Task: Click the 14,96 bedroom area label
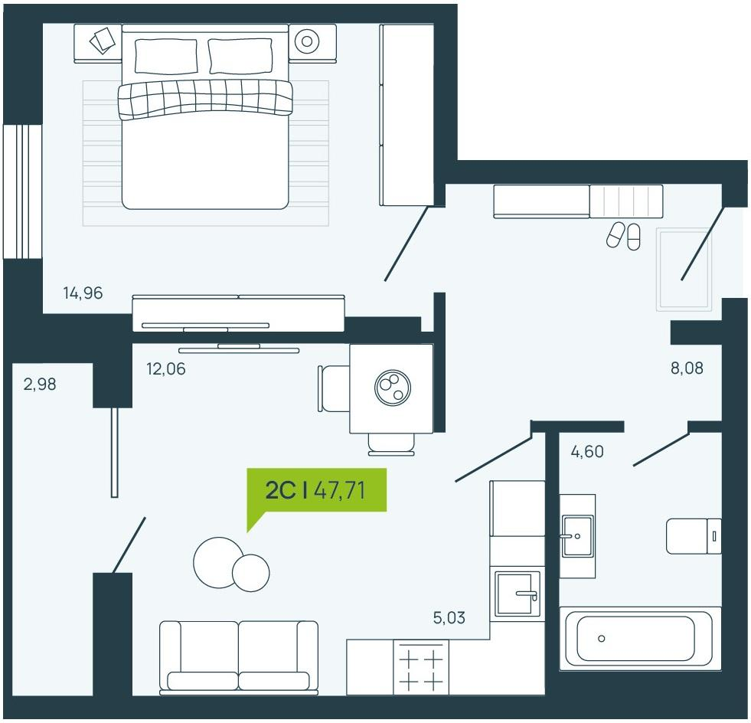[83, 293]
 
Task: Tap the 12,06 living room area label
[165, 368]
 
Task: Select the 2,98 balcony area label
[40, 384]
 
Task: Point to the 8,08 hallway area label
[687, 368]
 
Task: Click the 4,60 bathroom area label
[587, 451]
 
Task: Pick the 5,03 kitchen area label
[449, 617]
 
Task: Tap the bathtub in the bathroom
[640, 638]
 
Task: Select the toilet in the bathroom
[694, 536]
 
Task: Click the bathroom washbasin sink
[577, 535]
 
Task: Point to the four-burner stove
[421, 667]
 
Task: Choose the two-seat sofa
[239, 658]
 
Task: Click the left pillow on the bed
[165, 56]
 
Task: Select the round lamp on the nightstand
[306, 41]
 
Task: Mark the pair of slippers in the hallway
[623, 235]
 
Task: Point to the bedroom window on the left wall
[22, 191]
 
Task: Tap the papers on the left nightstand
[103, 40]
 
